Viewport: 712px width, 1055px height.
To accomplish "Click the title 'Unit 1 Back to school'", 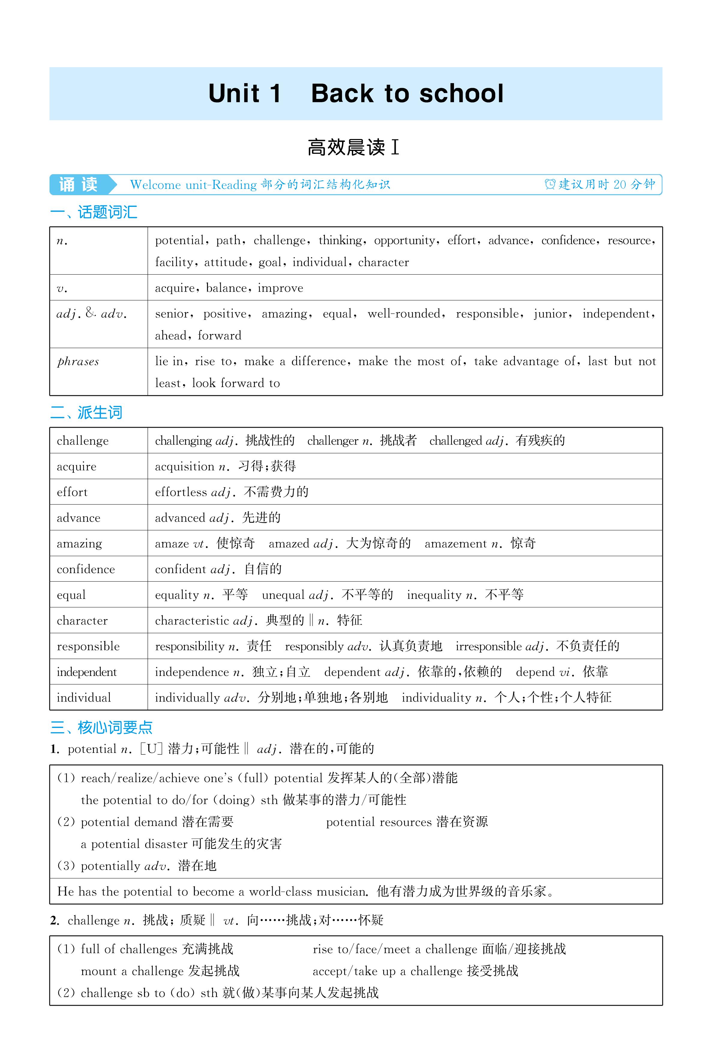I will point(356,94).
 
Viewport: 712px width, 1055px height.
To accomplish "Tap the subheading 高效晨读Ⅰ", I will point(353,148).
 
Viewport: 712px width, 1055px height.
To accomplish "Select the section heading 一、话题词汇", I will point(94,212).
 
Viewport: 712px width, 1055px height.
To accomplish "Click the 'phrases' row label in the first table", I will point(78,362).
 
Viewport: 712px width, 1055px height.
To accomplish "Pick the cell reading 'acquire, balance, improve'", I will point(229,288).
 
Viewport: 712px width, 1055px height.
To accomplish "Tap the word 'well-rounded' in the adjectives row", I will point(404,314).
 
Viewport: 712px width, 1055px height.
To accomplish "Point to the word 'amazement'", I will point(455,544).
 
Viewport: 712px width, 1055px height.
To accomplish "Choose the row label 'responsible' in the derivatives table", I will point(88,646).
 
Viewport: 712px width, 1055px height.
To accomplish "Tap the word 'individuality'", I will point(436,697).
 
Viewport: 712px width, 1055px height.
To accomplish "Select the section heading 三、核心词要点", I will point(101,727).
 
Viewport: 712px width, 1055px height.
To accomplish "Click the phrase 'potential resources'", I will point(379,822).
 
